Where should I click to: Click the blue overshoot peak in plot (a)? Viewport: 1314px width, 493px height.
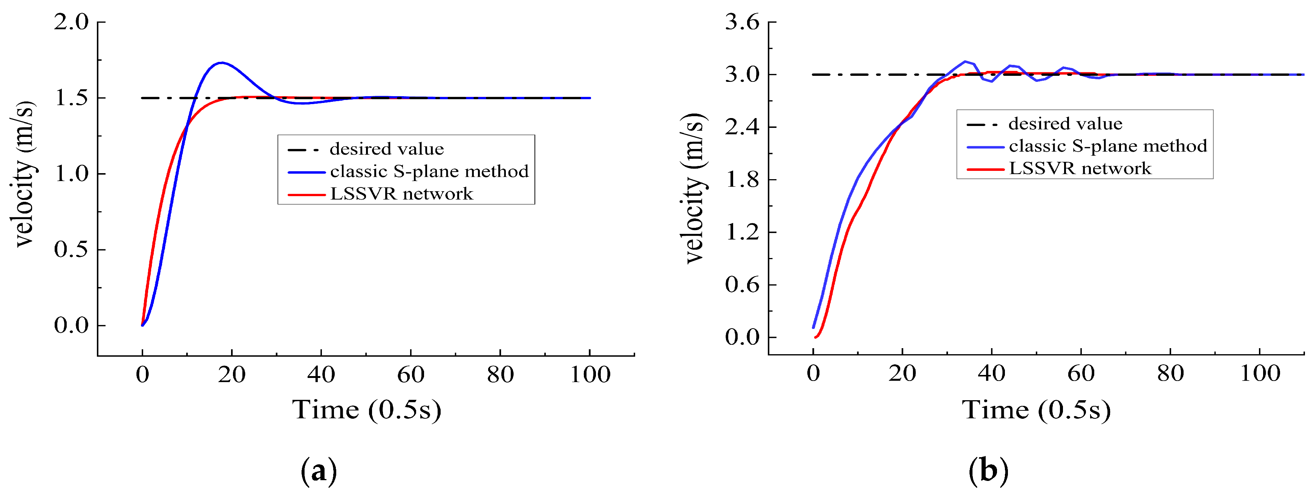[x=221, y=63]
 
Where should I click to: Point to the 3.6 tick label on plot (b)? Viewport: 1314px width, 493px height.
[x=742, y=23]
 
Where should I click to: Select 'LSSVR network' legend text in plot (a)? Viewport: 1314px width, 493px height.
[x=401, y=194]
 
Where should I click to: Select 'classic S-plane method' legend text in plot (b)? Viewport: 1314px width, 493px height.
[x=1108, y=146]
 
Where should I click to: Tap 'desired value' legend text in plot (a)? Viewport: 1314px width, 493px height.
[x=387, y=149]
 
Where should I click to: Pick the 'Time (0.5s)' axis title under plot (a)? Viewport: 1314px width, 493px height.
[x=366, y=410]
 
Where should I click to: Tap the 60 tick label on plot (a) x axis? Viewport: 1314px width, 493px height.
[x=410, y=375]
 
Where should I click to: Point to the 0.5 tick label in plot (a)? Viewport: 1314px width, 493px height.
[x=71, y=250]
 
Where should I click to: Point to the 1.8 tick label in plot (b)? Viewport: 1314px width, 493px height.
[x=742, y=180]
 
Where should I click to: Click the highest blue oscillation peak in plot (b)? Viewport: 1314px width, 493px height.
[x=965, y=61]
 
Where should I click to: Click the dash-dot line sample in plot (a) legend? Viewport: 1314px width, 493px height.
[x=306, y=149]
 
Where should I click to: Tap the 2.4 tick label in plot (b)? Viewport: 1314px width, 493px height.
[x=742, y=127]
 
